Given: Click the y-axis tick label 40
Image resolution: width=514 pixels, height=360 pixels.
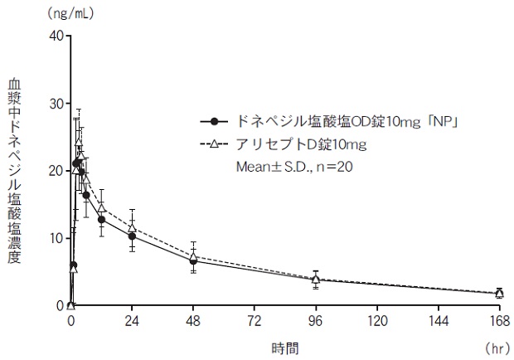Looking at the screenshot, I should point(56,35).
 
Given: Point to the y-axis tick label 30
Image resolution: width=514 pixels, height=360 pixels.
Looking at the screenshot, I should point(56,103).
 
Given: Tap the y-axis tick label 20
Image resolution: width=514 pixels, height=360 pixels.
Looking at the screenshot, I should point(56,170).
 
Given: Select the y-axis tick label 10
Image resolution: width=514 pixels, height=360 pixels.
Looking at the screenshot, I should point(56,238).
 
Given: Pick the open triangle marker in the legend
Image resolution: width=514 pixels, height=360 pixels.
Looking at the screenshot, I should point(217,144).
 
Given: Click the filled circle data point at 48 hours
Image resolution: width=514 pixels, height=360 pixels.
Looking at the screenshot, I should point(193,260).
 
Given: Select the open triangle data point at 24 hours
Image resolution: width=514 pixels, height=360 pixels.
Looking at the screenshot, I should point(132,227).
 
